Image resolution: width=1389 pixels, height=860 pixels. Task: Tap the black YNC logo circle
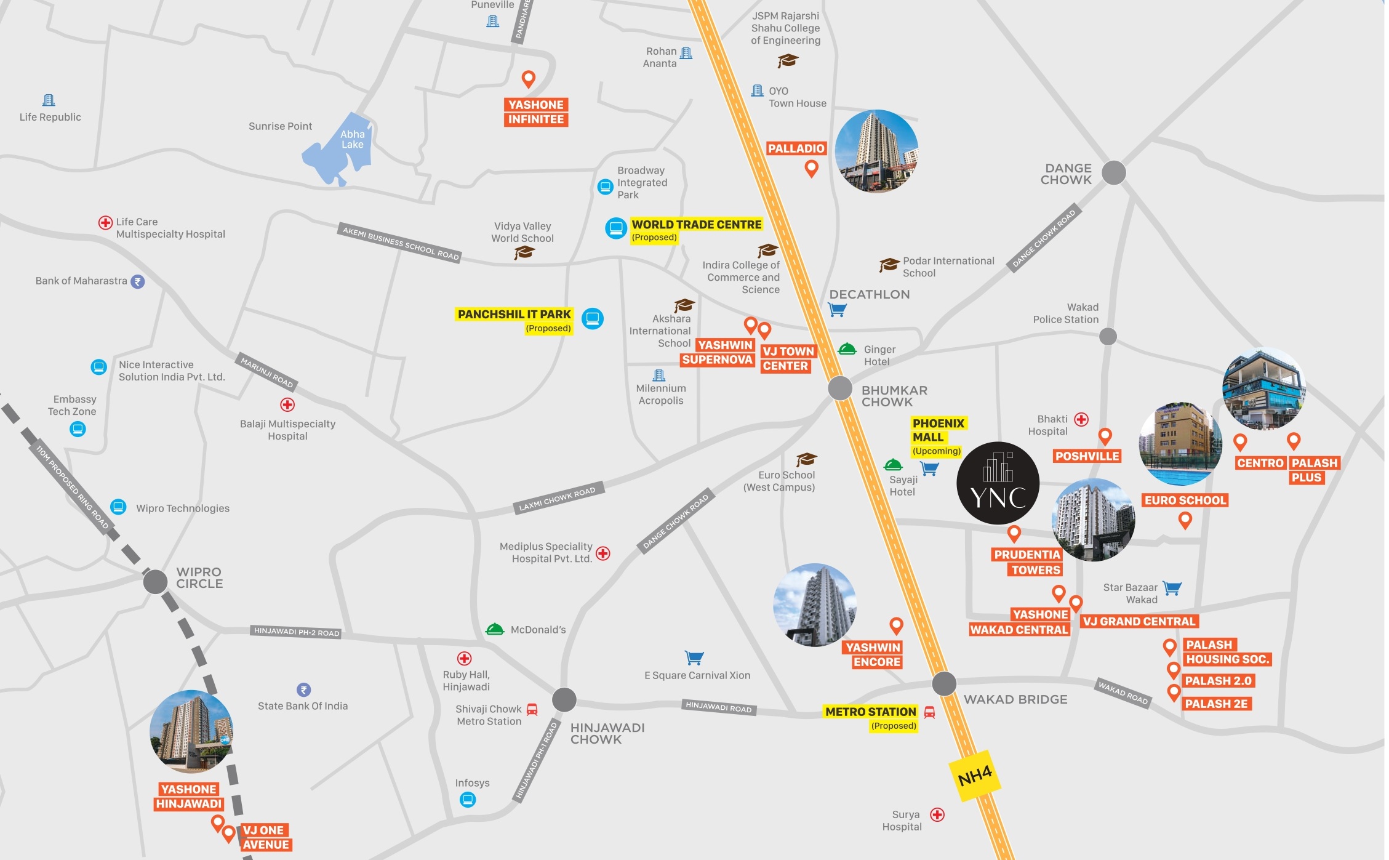(x=998, y=483)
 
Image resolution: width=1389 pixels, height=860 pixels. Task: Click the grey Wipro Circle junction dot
(x=155, y=581)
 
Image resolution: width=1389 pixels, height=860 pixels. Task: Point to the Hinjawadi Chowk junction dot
(x=564, y=699)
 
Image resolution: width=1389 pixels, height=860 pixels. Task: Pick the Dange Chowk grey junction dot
(x=1113, y=173)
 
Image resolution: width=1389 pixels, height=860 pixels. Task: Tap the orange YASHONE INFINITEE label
(x=535, y=112)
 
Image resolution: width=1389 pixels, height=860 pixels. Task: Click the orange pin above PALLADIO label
(x=812, y=168)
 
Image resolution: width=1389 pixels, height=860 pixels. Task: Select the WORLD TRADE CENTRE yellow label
(x=696, y=225)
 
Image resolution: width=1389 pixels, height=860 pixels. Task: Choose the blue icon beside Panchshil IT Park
(x=593, y=318)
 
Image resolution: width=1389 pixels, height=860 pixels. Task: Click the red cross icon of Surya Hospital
(x=937, y=814)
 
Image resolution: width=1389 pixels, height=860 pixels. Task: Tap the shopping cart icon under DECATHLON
(x=837, y=310)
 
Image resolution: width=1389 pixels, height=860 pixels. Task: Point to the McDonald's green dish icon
(x=495, y=629)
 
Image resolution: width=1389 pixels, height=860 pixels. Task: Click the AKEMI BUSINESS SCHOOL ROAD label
(x=401, y=242)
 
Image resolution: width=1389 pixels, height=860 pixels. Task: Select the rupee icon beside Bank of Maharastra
(x=138, y=281)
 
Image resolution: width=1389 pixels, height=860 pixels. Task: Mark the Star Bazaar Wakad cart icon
(x=1172, y=588)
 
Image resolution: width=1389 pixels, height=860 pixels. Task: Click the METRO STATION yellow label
(x=870, y=712)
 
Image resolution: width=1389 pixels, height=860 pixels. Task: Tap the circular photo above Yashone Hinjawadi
(x=191, y=731)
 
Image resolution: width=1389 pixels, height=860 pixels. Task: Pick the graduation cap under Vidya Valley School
(x=524, y=252)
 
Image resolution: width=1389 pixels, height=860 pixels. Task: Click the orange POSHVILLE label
(x=1087, y=456)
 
